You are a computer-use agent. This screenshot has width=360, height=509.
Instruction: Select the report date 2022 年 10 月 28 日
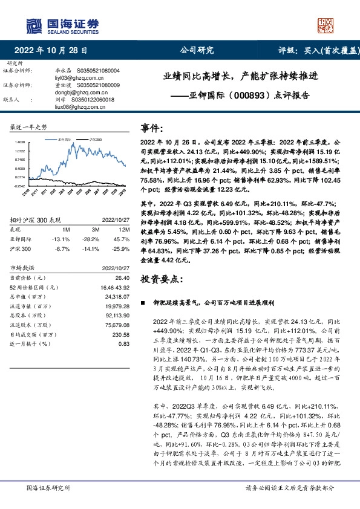tap(50, 51)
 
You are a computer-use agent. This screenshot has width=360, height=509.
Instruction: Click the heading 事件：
tap(152, 128)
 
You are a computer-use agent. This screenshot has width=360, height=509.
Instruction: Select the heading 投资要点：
tap(160, 279)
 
